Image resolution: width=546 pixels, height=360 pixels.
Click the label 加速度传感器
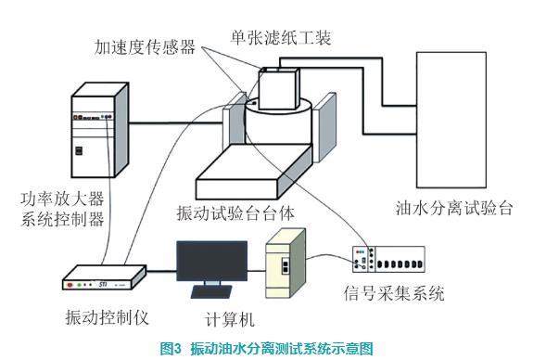[146, 47]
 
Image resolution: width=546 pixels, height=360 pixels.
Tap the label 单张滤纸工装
[281, 37]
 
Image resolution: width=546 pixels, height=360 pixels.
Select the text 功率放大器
[62, 199]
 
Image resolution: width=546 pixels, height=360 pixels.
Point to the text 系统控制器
[62, 220]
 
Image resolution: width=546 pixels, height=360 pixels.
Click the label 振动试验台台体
[235, 212]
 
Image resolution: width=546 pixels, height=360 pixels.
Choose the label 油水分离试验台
[454, 208]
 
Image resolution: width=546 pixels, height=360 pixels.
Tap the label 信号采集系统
[394, 293]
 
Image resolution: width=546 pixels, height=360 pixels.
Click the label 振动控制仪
[108, 317]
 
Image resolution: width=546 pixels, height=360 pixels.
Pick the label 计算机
[230, 319]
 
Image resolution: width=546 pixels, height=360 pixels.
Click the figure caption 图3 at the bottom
[171, 349]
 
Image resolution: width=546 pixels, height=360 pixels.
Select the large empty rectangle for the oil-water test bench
[451, 120]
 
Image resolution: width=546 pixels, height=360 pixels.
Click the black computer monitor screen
[211, 261]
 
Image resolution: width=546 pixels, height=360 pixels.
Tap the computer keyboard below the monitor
[211, 291]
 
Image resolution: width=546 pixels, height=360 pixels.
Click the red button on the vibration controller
[70, 285]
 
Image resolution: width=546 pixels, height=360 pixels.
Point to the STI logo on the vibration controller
[102, 285]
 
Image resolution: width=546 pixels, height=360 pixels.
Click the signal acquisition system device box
[388, 259]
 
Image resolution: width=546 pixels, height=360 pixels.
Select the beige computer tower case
[286, 264]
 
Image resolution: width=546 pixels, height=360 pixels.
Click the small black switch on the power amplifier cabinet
[79, 150]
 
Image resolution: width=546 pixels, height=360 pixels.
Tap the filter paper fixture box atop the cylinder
[279, 88]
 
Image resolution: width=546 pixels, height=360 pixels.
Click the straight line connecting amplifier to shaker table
[176, 122]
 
